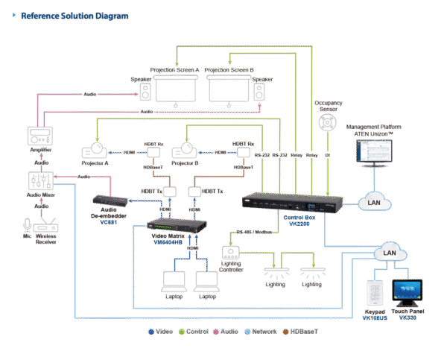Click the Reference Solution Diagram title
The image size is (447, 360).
click(x=74, y=16)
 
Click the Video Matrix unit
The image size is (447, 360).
click(x=172, y=224)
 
